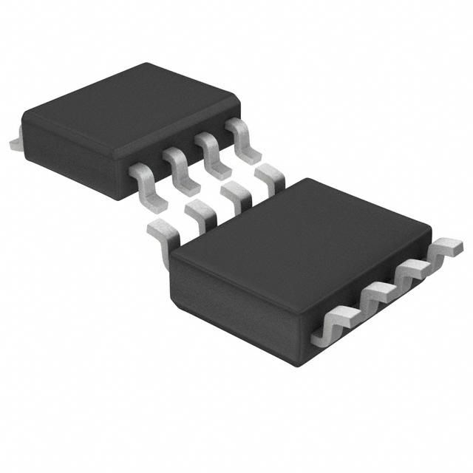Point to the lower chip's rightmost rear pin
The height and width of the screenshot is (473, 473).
tap(270, 177)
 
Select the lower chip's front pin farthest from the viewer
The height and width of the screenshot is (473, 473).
tap(447, 250)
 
